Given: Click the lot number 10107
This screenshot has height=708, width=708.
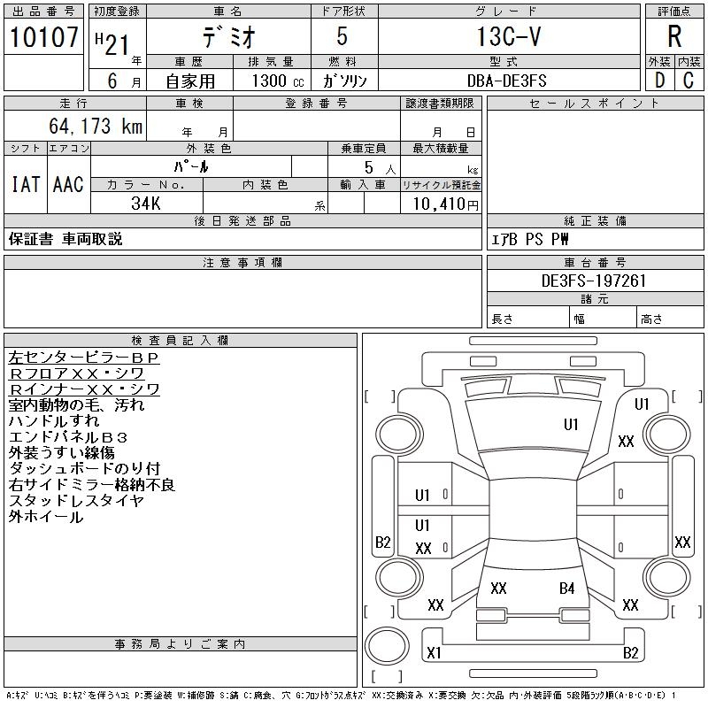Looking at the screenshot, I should (x=45, y=38).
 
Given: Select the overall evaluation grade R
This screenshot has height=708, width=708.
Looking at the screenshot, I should (x=674, y=36).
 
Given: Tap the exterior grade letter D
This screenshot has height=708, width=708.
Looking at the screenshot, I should (x=659, y=80).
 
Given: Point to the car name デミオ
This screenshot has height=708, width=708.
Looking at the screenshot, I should (x=227, y=37).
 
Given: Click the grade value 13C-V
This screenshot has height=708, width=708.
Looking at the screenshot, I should (x=508, y=37).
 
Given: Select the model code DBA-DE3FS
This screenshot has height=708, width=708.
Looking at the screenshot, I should (x=508, y=80).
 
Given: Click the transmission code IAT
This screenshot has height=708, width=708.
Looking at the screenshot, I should (x=26, y=184).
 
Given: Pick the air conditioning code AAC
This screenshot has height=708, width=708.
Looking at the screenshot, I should (x=68, y=184).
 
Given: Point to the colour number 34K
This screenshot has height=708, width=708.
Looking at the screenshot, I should (x=145, y=204).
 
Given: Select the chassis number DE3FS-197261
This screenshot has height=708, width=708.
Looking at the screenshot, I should (x=595, y=281).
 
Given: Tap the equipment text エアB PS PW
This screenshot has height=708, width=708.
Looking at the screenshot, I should (x=531, y=239).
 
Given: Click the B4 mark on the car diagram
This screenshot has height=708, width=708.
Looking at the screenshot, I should (x=567, y=588).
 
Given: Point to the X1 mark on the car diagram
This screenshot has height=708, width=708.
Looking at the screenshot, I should (x=434, y=653).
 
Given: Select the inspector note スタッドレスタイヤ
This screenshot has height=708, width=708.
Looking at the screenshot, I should (x=76, y=501).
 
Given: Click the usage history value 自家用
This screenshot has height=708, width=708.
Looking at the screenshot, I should (x=189, y=80).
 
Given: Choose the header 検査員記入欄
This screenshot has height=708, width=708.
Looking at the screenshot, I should (x=181, y=340).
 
